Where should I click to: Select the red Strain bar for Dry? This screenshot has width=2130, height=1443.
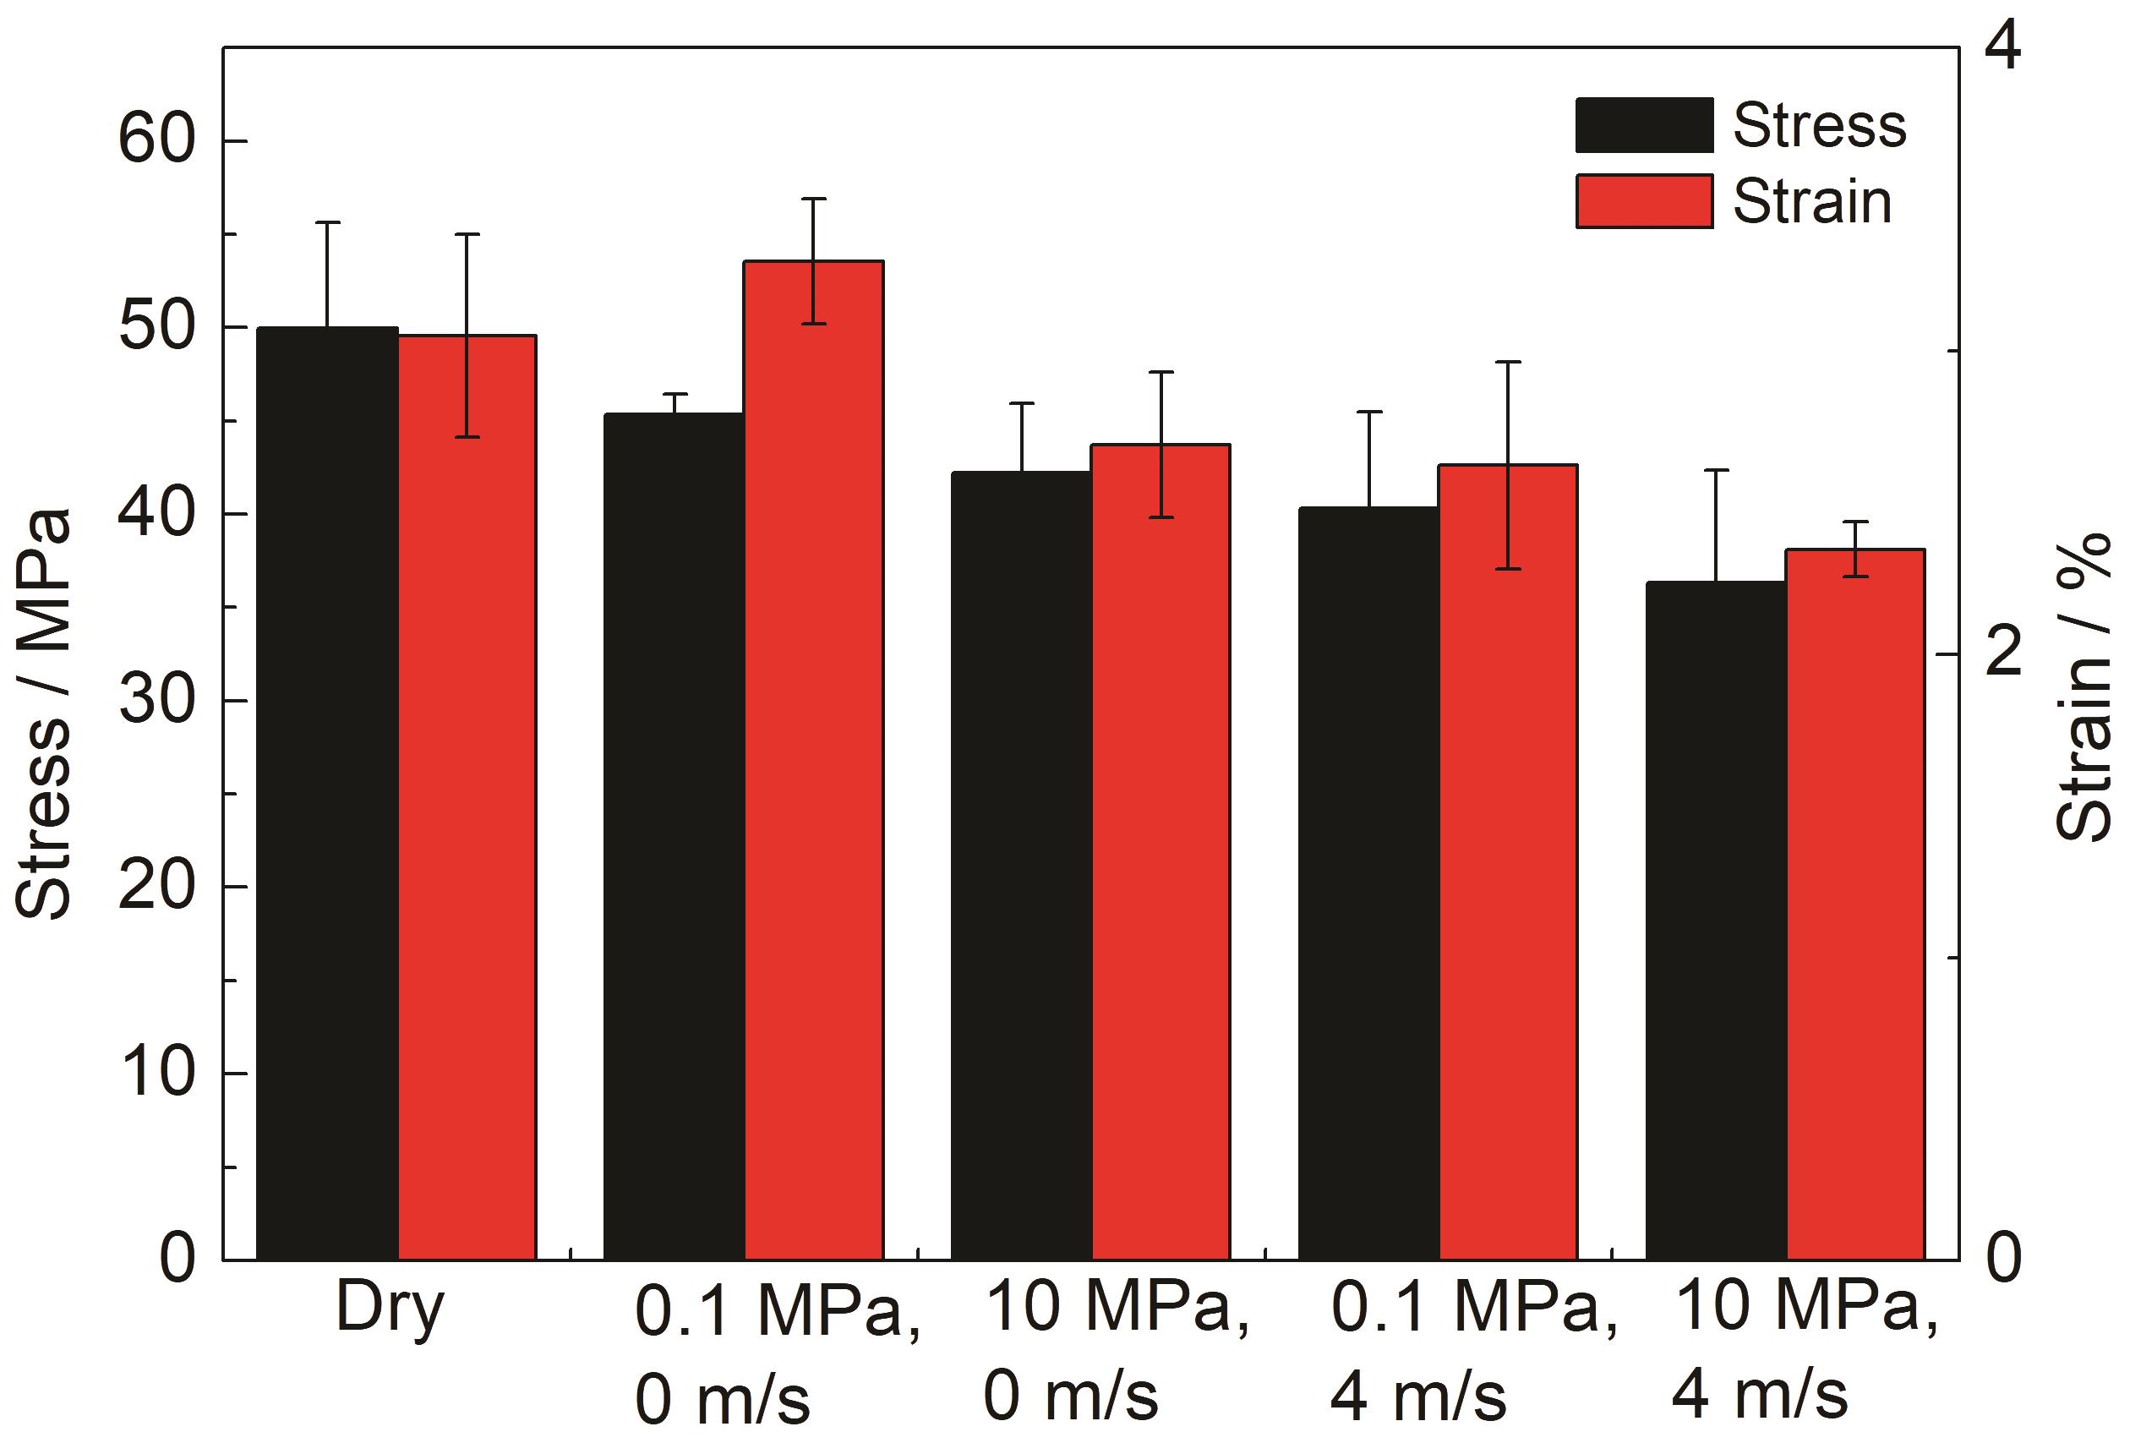467,798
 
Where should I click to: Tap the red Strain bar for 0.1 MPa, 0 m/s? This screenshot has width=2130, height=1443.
813,761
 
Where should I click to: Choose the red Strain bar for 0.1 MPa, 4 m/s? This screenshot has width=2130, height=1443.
1508,861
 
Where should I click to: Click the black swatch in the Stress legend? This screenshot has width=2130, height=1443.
1643,124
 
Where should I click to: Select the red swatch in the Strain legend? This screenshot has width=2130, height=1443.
1643,201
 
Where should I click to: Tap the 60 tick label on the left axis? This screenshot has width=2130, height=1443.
158,141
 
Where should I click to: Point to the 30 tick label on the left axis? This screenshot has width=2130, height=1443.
158,702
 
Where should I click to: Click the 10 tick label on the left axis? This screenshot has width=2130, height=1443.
158,1074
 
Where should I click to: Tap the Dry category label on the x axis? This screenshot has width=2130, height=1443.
390,1309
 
